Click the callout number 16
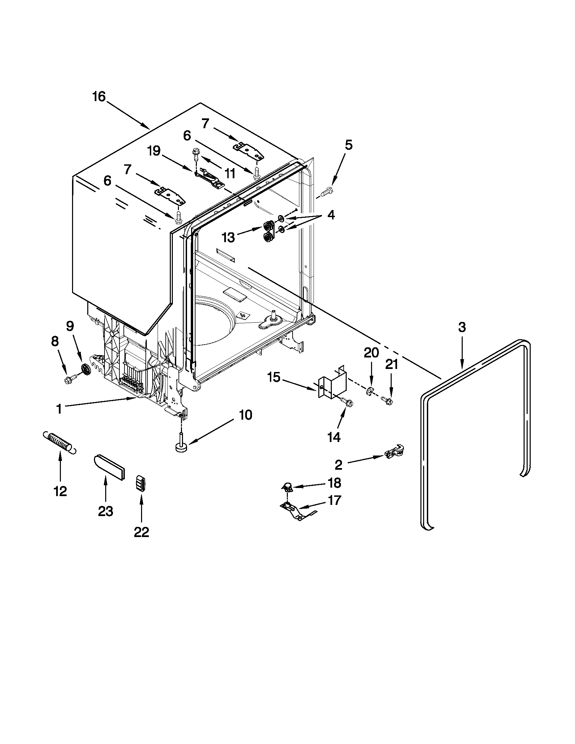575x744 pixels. point(99,97)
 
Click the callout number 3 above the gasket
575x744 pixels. point(462,327)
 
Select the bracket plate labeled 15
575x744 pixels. point(332,382)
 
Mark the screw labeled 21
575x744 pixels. point(387,401)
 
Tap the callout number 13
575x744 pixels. point(228,237)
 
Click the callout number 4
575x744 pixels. point(331,215)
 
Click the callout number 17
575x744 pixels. point(334,501)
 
